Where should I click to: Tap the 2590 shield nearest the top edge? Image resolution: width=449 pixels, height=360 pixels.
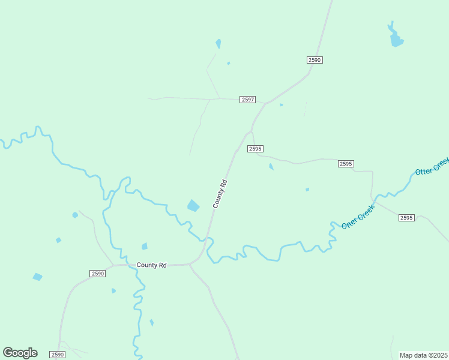tap(315, 60)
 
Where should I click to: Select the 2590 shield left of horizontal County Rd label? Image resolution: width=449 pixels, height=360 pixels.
tap(98, 274)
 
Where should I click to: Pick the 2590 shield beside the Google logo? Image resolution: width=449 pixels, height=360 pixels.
tap(57, 355)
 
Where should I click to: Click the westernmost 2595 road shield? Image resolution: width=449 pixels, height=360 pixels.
tap(255, 149)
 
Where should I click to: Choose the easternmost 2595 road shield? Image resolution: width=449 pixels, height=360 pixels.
tap(406, 218)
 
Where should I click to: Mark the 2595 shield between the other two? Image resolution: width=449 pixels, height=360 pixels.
tap(345, 164)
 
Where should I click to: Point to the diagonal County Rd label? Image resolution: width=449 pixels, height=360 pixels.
tap(220, 194)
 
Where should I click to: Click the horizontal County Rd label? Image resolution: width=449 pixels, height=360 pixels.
tap(151, 265)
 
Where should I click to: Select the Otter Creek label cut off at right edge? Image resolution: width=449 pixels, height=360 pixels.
tap(432, 166)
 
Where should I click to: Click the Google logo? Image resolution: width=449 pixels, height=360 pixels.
tap(20, 353)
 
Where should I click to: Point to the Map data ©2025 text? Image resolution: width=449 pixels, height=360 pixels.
tap(423, 355)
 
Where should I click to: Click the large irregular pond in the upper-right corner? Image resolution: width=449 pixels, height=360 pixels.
tap(396, 38)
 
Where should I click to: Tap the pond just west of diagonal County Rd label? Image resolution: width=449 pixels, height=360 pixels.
tap(193, 206)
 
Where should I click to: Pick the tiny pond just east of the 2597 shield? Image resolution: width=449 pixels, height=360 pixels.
tap(281, 105)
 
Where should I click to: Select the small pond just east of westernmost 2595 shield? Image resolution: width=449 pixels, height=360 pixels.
tap(271, 167)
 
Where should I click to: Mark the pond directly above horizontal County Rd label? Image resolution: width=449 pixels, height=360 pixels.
tap(144, 246)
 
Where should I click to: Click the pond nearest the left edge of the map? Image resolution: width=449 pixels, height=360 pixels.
tap(37, 277)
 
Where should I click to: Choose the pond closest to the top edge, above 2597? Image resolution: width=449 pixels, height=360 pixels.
tap(218, 44)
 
